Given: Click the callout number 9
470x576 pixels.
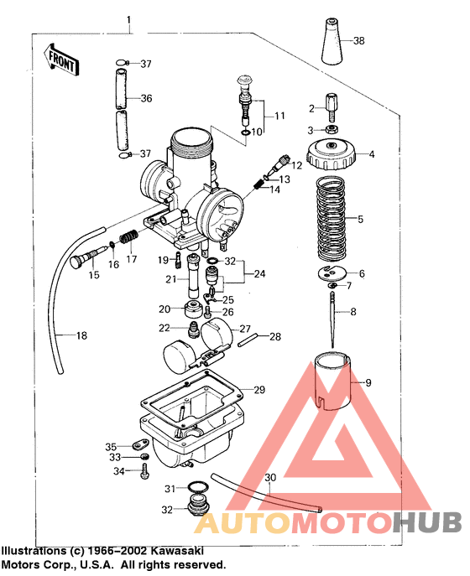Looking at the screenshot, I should click(367, 382).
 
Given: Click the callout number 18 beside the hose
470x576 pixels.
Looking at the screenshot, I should click(81, 336).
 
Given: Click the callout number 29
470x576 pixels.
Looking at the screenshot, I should click(259, 390).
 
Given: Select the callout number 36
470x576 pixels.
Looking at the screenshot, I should click(146, 99).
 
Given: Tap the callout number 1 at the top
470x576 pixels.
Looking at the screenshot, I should click(128, 18).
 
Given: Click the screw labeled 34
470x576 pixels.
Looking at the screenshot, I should click(144, 473).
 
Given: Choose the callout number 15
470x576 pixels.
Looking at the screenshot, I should click(93, 274).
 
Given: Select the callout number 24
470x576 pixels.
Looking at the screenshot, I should click(260, 273).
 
